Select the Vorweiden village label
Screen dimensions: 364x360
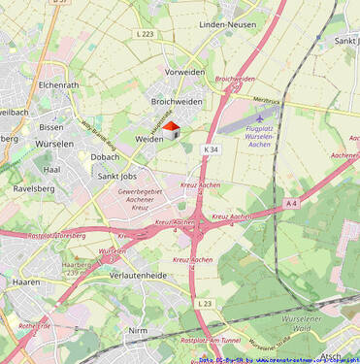pos(184,73)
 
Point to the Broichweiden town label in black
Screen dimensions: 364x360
pos(177,101)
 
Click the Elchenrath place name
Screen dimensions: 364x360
pos(57,85)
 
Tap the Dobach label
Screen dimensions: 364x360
pos(105,156)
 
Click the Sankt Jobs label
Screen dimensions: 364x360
pos(120,177)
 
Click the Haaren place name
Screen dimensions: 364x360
pos(26,282)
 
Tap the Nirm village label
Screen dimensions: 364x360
pos(139,330)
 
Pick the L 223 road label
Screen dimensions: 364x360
pos(145,34)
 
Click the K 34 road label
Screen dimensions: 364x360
pos(212,149)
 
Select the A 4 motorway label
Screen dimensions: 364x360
pos(292,203)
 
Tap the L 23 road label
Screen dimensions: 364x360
pos(204,304)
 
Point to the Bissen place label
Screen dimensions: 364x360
pos(51,127)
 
